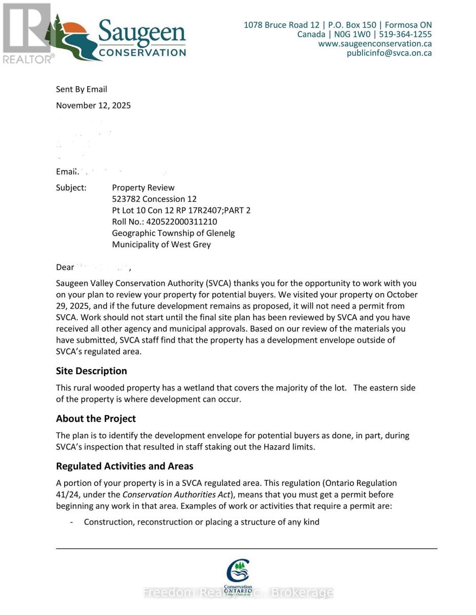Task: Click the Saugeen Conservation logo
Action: (x=118, y=38)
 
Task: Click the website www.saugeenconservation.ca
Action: (x=374, y=44)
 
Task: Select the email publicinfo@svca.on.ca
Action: (x=389, y=53)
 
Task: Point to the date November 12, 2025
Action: (x=93, y=106)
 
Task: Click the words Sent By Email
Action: (x=82, y=89)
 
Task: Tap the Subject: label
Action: (x=71, y=188)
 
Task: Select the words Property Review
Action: (x=143, y=188)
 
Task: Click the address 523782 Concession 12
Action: (x=154, y=199)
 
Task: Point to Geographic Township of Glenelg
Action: (x=173, y=233)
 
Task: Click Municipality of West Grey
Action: (x=161, y=244)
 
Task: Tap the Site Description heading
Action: (x=91, y=371)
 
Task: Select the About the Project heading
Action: (x=96, y=419)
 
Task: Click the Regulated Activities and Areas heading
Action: (x=125, y=466)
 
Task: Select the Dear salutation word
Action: (x=65, y=268)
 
